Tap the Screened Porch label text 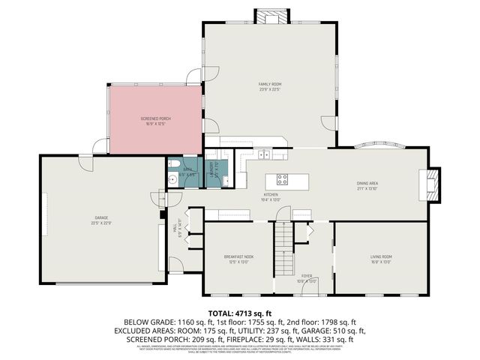click(x=156, y=121)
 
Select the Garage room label click(x=101, y=220)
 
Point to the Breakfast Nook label click(x=238, y=259)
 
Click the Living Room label click(x=381, y=259)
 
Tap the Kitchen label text click(x=270, y=196)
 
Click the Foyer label click(x=307, y=277)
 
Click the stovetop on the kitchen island click(x=283, y=179)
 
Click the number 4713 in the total click(x=241, y=313)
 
